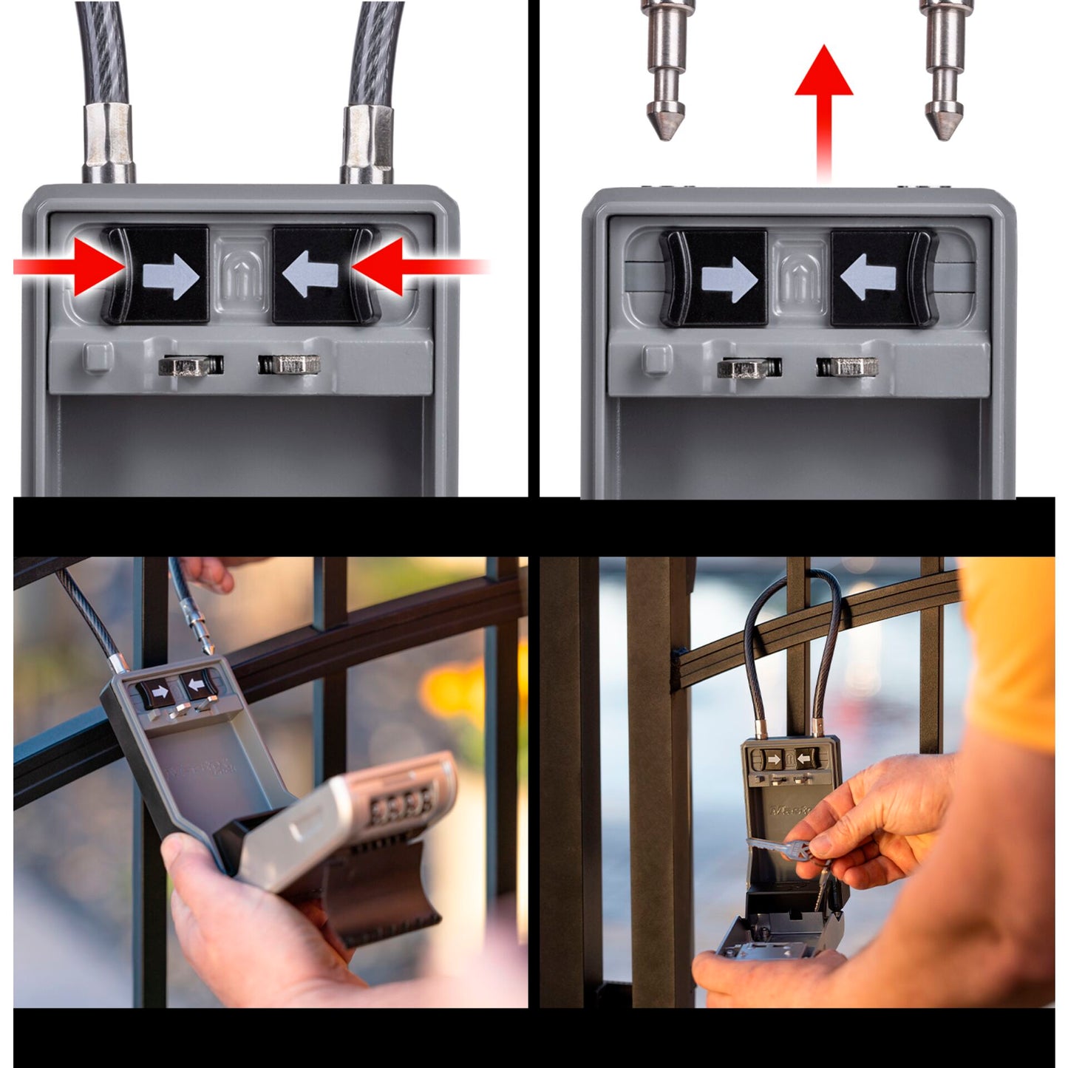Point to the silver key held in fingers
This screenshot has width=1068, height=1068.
click(x=776, y=848)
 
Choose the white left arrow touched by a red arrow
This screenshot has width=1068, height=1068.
click(x=312, y=275)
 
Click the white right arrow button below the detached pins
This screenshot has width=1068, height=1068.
click(x=729, y=279)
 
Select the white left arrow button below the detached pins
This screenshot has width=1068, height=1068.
click(x=869, y=278)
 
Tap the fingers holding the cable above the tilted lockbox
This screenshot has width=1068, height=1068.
click(x=211, y=573)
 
